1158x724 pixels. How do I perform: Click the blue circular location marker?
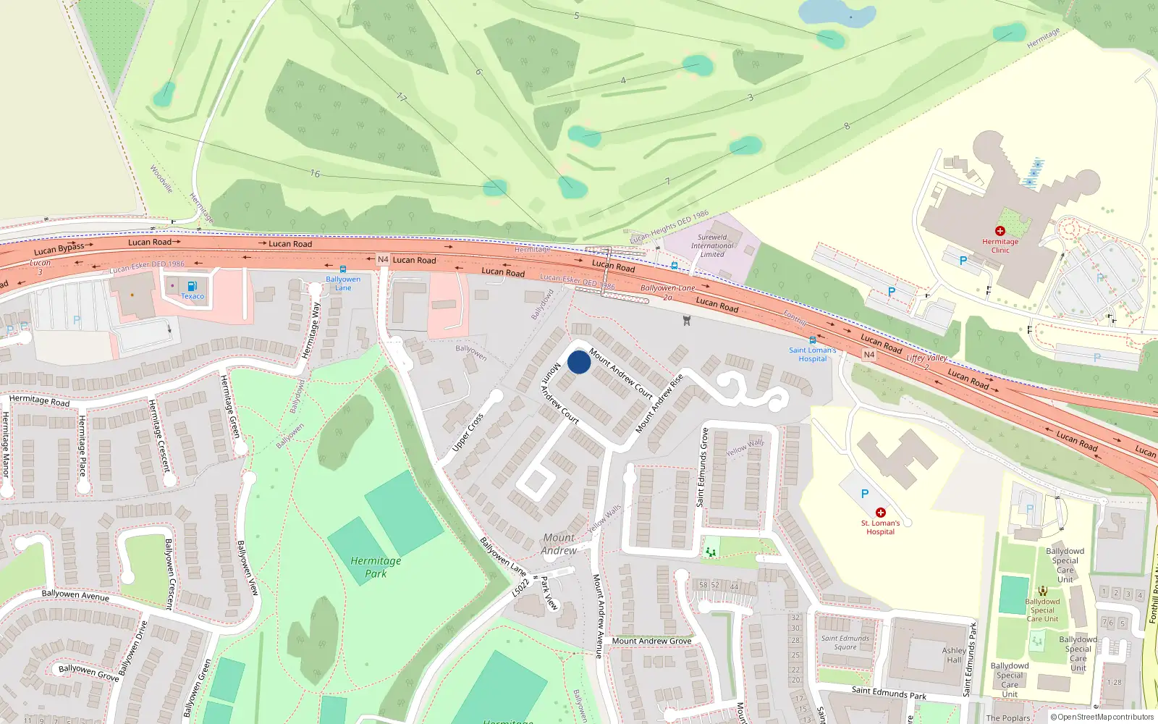tap(578, 362)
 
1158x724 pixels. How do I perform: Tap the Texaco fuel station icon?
tap(193, 286)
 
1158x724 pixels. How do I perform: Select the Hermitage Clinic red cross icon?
tap(999, 231)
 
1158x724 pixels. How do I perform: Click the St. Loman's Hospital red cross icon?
tap(880, 513)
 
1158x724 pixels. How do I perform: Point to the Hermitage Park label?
tap(376, 567)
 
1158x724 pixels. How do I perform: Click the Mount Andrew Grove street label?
tap(651, 641)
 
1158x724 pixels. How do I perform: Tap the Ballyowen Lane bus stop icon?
tap(342, 269)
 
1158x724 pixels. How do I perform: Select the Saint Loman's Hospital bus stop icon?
tap(812, 340)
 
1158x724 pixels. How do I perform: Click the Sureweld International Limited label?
tap(712, 245)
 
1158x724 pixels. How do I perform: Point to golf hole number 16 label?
tap(315, 174)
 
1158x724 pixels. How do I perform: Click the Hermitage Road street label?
tap(39, 400)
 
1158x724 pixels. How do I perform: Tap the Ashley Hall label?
tap(954, 654)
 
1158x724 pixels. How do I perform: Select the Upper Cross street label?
tap(468, 432)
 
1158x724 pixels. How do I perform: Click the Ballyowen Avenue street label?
tap(75, 595)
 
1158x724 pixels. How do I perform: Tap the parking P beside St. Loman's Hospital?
tap(864, 494)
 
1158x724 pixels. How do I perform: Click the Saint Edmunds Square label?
tap(845, 643)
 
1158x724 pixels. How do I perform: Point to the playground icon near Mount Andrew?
tap(711, 552)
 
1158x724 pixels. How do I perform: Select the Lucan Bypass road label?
tap(59, 248)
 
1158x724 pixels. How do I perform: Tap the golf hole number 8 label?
tap(847, 126)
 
